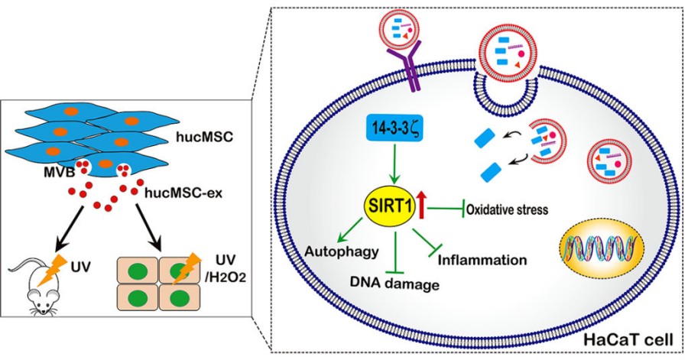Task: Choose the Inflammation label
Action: pyautogui.click(x=482, y=260)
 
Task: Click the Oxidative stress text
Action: pyautogui.click(x=511, y=209)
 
